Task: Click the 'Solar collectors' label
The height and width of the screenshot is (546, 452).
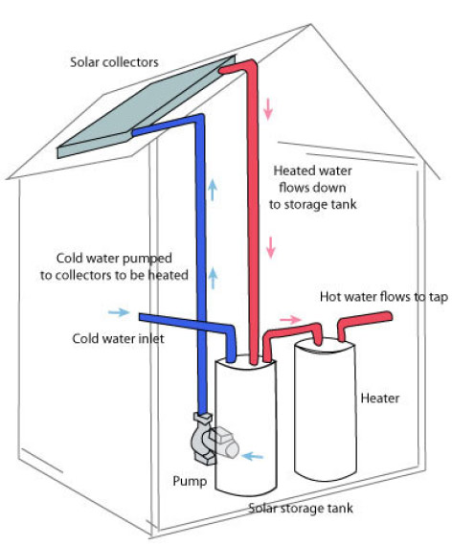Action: click(x=114, y=62)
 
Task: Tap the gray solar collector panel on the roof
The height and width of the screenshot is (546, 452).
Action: click(x=147, y=108)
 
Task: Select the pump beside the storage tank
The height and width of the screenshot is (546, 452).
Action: click(x=212, y=439)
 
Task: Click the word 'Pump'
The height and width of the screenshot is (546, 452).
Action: click(x=190, y=482)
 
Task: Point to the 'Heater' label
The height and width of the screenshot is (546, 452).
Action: click(x=379, y=398)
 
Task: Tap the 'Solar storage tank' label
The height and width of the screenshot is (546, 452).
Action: click(x=301, y=508)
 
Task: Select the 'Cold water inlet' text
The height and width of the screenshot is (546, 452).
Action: click(x=118, y=338)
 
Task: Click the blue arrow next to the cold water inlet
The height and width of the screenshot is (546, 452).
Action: click(x=119, y=312)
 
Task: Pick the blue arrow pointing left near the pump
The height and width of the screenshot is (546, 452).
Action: click(x=253, y=456)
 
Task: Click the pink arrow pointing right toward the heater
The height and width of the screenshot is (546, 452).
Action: click(x=290, y=319)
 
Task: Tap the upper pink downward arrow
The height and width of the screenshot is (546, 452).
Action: click(x=268, y=109)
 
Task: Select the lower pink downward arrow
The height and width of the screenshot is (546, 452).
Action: click(x=271, y=247)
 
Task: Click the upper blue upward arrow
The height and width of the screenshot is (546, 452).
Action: click(x=213, y=191)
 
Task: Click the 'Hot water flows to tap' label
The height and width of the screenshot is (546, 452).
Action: click(x=384, y=297)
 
